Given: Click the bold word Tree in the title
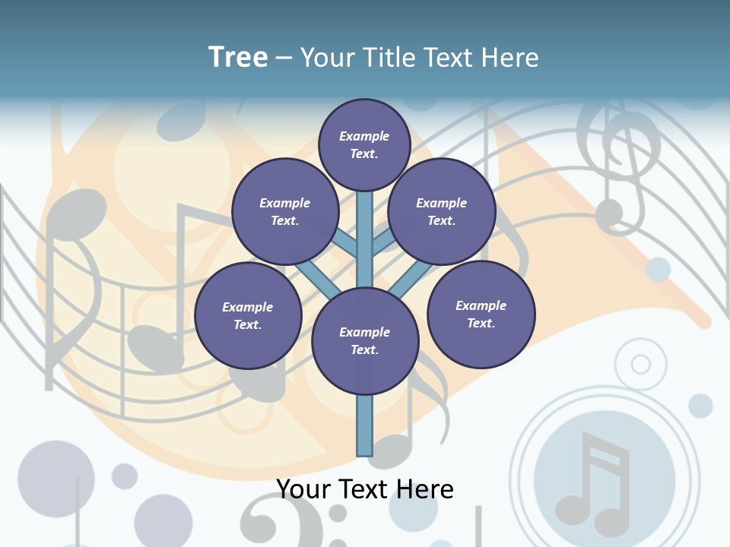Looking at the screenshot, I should (x=238, y=58).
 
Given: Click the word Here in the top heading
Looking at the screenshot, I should (x=512, y=58).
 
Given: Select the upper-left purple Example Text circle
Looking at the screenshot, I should (x=284, y=211).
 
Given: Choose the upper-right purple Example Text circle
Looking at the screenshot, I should (x=441, y=211).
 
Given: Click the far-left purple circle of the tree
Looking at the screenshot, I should (x=248, y=315).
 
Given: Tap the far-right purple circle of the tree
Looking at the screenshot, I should (x=481, y=314).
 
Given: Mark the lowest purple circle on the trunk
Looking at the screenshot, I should (x=365, y=340).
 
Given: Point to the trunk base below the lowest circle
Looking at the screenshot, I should (x=365, y=425).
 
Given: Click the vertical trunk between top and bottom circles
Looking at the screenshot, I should (x=365, y=239).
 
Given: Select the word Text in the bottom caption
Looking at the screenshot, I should (x=365, y=489).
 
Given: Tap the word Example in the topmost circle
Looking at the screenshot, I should (x=364, y=136).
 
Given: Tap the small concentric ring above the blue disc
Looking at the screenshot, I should (x=641, y=364).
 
